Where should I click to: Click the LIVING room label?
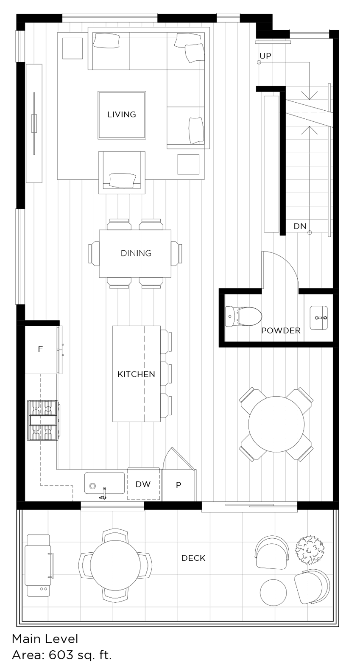tap(121, 115)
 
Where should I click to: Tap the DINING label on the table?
tap(136, 253)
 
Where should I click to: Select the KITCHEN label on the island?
tap(136, 374)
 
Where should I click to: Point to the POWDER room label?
tap(281, 331)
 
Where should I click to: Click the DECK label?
tap(193, 558)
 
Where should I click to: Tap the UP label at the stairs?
tap(265, 56)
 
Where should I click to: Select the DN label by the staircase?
tap(300, 227)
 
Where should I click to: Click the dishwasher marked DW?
tap(143, 484)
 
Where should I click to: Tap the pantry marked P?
tap(179, 485)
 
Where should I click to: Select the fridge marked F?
tap(41, 350)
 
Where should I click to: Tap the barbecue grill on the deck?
tap(39, 565)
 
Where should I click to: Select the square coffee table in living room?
tap(122, 115)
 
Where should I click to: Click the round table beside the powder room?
tap(276, 424)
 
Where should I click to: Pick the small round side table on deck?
tap(273, 593)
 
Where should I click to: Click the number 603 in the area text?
tap(61, 655)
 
